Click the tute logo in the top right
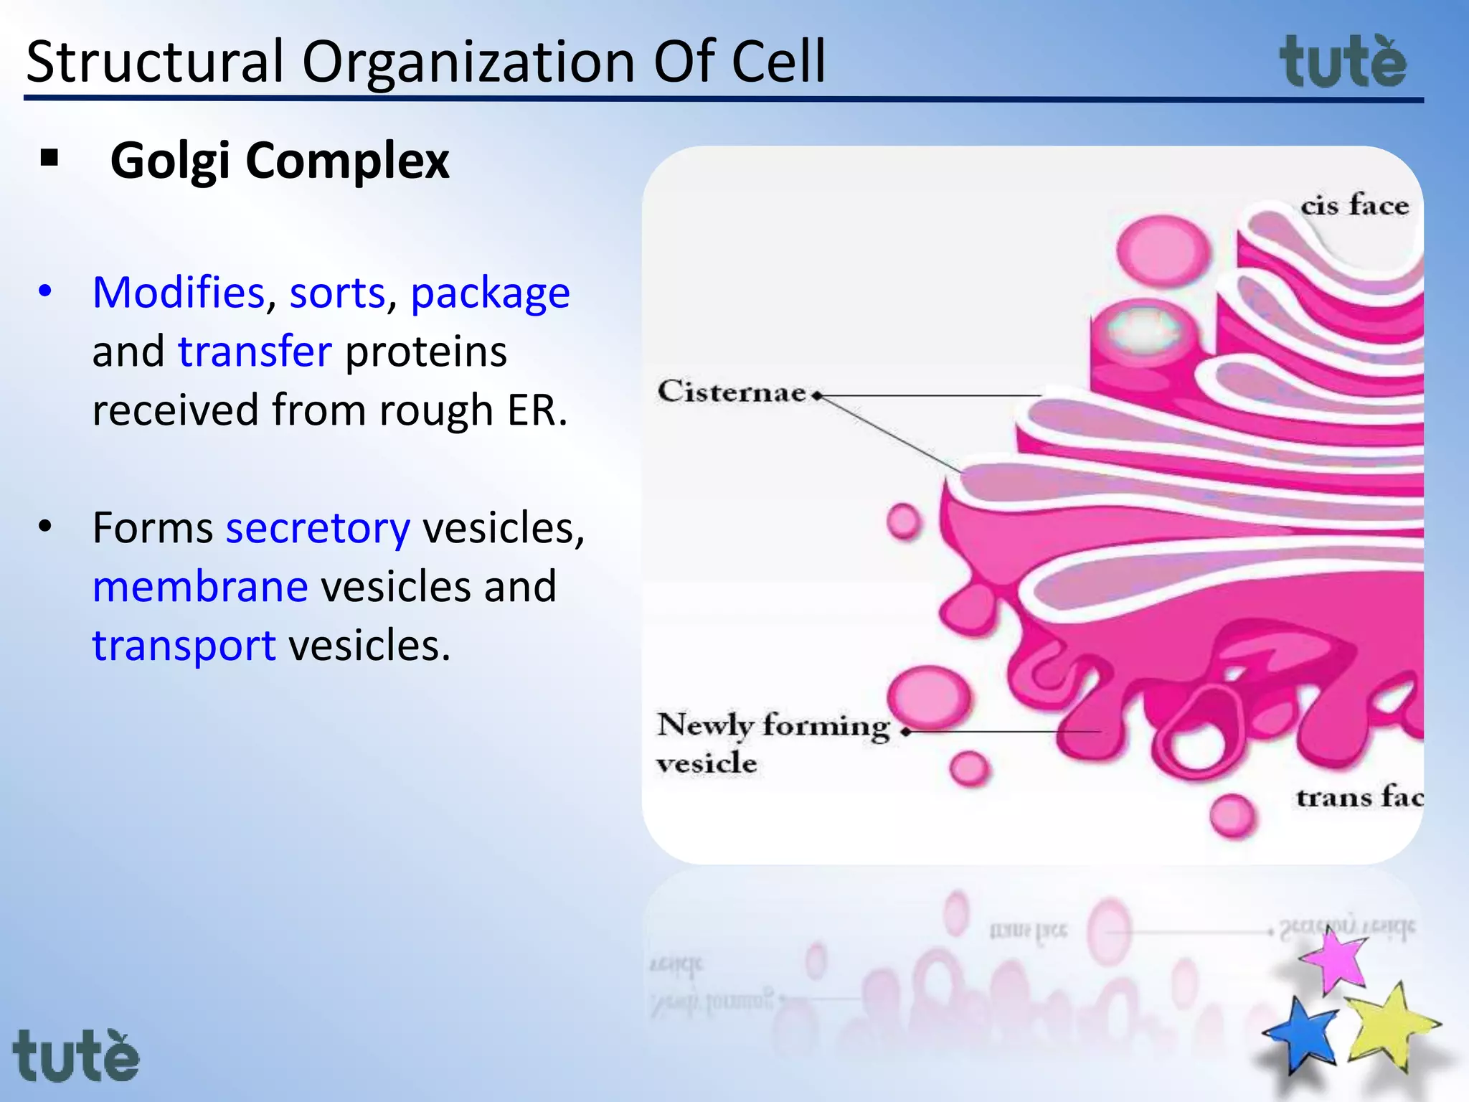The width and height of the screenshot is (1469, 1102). (1343, 63)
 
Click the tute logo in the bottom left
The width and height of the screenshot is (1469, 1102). (75, 1055)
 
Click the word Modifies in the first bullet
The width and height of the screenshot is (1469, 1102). (179, 293)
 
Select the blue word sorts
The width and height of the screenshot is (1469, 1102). (337, 293)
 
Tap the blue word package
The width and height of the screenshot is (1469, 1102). (490, 294)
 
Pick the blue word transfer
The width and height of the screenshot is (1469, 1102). (255, 352)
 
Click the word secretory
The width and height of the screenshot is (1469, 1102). (318, 528)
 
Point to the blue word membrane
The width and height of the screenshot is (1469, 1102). (200, 586)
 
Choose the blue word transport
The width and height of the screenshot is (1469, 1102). (184, 646)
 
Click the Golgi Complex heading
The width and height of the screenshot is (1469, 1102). (279, 160)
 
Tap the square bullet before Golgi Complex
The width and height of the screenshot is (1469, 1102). (49, 159)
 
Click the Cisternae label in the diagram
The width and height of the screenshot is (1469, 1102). (732, 392)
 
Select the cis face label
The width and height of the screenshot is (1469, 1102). (1354, 206)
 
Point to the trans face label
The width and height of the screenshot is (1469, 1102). (1359, 798)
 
